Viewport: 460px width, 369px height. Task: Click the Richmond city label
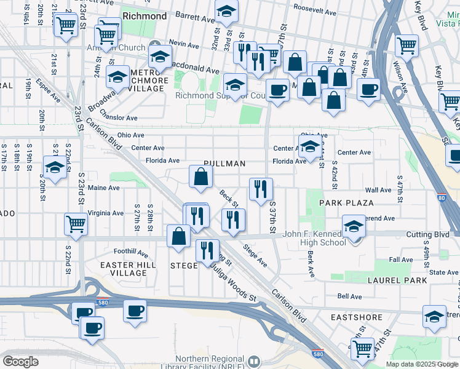(x=145, y=15)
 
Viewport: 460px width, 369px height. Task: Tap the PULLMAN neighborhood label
(x=224, y=164)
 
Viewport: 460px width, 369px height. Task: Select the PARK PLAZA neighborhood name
(x=346, y=202)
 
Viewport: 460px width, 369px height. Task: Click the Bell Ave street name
(x=349, y=296)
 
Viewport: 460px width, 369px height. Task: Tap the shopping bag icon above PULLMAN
(x=201, y=177)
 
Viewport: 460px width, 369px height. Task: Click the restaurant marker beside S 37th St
(x=261, y=189)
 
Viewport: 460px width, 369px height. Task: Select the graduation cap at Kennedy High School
(x=354, y=226)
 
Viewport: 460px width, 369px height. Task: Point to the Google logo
(x=20, y=362)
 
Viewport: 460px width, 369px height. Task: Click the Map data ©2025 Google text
(x=421, y=364)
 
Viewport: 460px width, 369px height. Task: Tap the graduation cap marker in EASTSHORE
(x=434, y=316)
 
